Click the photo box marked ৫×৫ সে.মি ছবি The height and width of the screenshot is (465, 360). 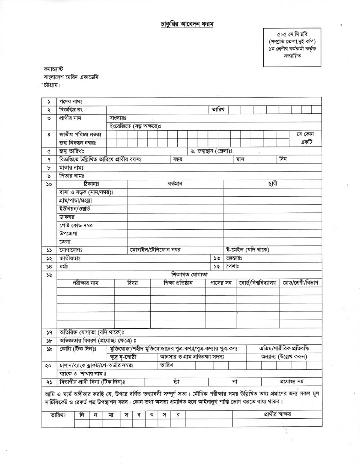coord(292,48)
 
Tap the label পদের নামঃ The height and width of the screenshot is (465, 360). coord(71,101)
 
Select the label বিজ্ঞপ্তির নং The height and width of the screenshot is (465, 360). coord(71,110)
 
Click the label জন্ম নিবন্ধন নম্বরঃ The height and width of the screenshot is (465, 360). coord(78,143)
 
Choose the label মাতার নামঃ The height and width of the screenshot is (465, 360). coord(72,168)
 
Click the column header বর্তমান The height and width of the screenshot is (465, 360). coord(175,184)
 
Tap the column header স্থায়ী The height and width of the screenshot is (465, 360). coord(272,184)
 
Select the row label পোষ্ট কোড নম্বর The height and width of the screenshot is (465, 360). coord(76,225)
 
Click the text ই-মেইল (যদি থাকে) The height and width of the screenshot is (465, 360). coord(248,250)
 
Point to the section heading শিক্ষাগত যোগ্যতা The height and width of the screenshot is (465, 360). coord(190,275)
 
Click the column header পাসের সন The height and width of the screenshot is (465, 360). coord(221,283)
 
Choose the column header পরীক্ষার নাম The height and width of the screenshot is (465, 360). coord(85,283)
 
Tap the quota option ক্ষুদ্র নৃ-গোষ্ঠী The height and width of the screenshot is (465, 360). coord(123,357)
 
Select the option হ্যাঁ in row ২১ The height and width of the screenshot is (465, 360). coord(176,382)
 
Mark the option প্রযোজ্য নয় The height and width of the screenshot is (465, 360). coord(292,382)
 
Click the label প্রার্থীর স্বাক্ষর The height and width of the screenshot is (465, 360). coord(277,415)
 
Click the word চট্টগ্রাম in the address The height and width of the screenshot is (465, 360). coord(52,85)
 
